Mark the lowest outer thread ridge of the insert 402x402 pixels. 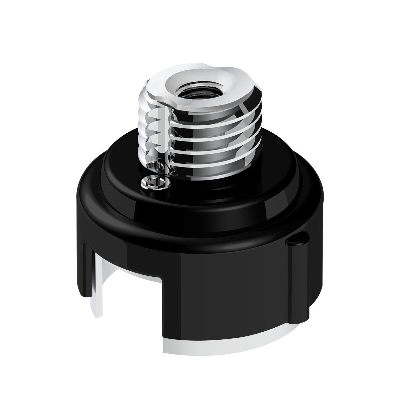click(214, 155)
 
